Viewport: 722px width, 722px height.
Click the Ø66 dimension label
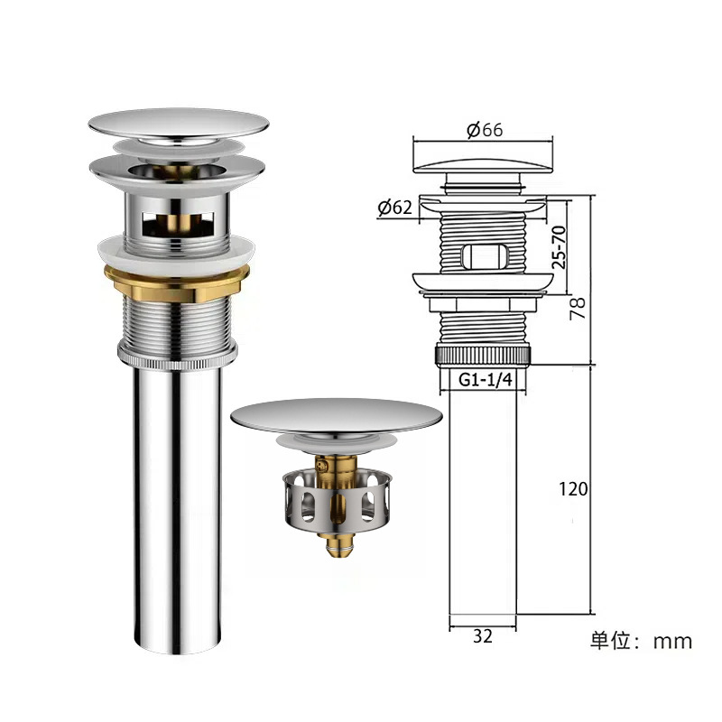click(x=484, y=130)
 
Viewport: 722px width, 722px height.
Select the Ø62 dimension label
click(x=394, y=208)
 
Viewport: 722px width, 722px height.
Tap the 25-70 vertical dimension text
click(x=559, y=247)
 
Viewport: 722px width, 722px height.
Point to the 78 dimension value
click(x=578, y=308)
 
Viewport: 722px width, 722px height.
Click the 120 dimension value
click(x=573, y=489)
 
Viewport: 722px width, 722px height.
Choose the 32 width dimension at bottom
click(x=483, y=636)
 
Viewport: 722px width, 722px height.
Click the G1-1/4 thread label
click(x=486, y=380)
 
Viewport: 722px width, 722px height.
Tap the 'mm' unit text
click(x=672, y=642)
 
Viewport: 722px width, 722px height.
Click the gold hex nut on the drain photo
click(x=177, y=284)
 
